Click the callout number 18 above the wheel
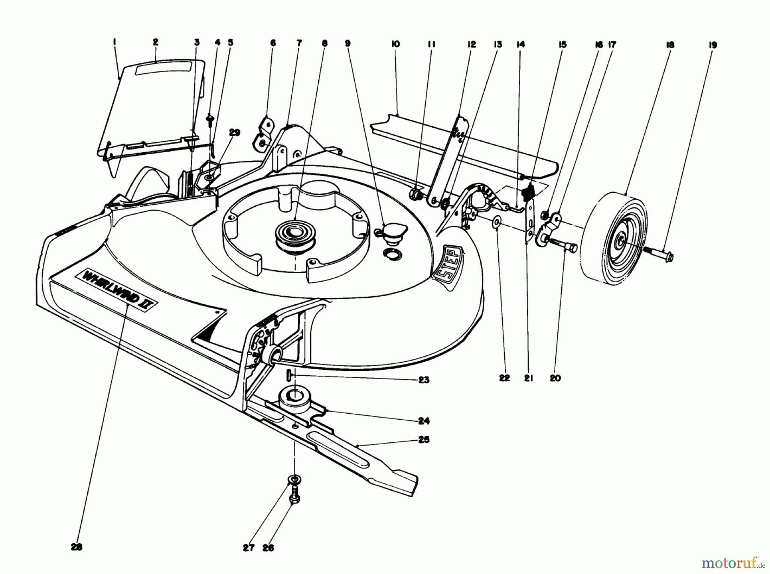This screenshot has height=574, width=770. coord(670,45)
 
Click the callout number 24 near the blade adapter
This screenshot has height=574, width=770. coord(423,421)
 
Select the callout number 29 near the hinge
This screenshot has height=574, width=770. coord(234,133)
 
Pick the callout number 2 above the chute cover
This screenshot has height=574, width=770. coord(155,42)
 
